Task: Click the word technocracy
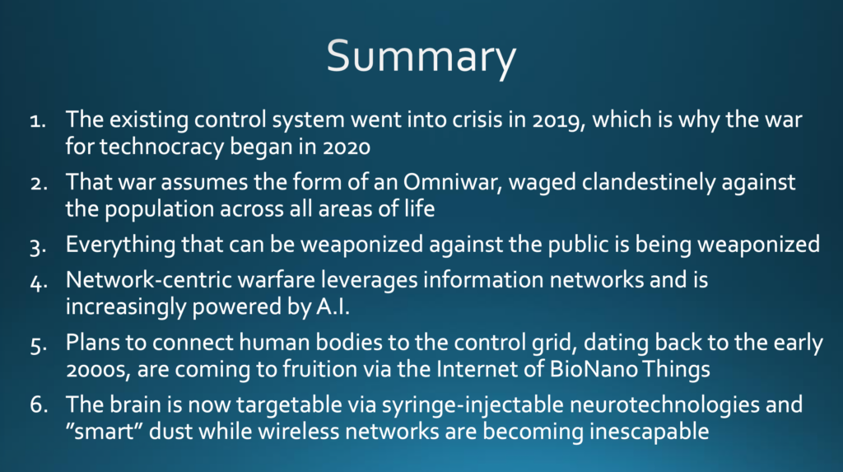tap(162, 147)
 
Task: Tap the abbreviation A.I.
tap(333, 306)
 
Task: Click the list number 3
tap(38, 247)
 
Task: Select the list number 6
tap(39, 404)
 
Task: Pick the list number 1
tap(38, 120)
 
